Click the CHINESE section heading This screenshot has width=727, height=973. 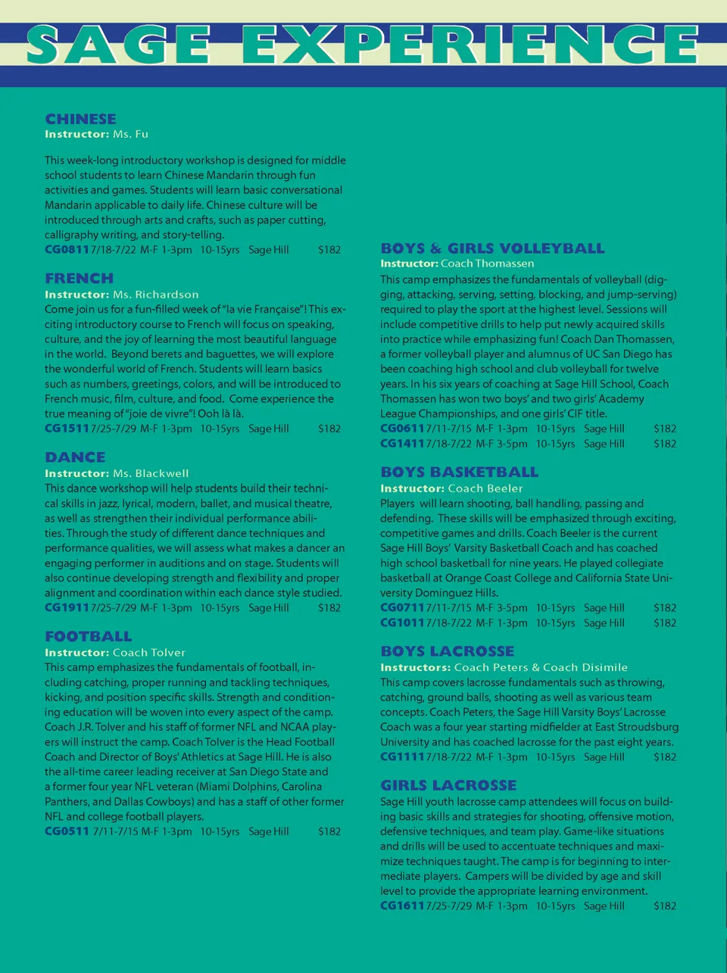[x=80, y=119]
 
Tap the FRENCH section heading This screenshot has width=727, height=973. [x=79, y=279]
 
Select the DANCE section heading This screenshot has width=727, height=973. [x=75, y=457]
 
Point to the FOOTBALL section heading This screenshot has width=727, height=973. [x=88, y=637]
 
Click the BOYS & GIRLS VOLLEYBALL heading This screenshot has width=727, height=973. [x=492, y=248]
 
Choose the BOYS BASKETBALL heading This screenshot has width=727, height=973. [x=459, y=472]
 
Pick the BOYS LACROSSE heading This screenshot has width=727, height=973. [x=447, y=651]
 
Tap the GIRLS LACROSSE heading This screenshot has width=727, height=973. [x=448, y=786]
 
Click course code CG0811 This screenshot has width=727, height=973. [x=67, y=250]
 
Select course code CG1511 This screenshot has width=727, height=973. [x=67, y=429]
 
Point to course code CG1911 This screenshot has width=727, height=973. [x=67, y=608]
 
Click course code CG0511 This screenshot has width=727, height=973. [x=67, y=831]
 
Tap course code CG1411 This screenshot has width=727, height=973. [x=402, y=444]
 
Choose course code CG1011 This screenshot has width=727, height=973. [x=402, y=623]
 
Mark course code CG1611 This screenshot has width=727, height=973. [x=402, y=906]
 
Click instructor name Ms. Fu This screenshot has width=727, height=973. [x=130, y=134]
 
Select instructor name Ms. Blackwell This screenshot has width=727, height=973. [x=151, y=473]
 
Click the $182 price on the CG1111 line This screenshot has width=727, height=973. [x=665, y=757]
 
